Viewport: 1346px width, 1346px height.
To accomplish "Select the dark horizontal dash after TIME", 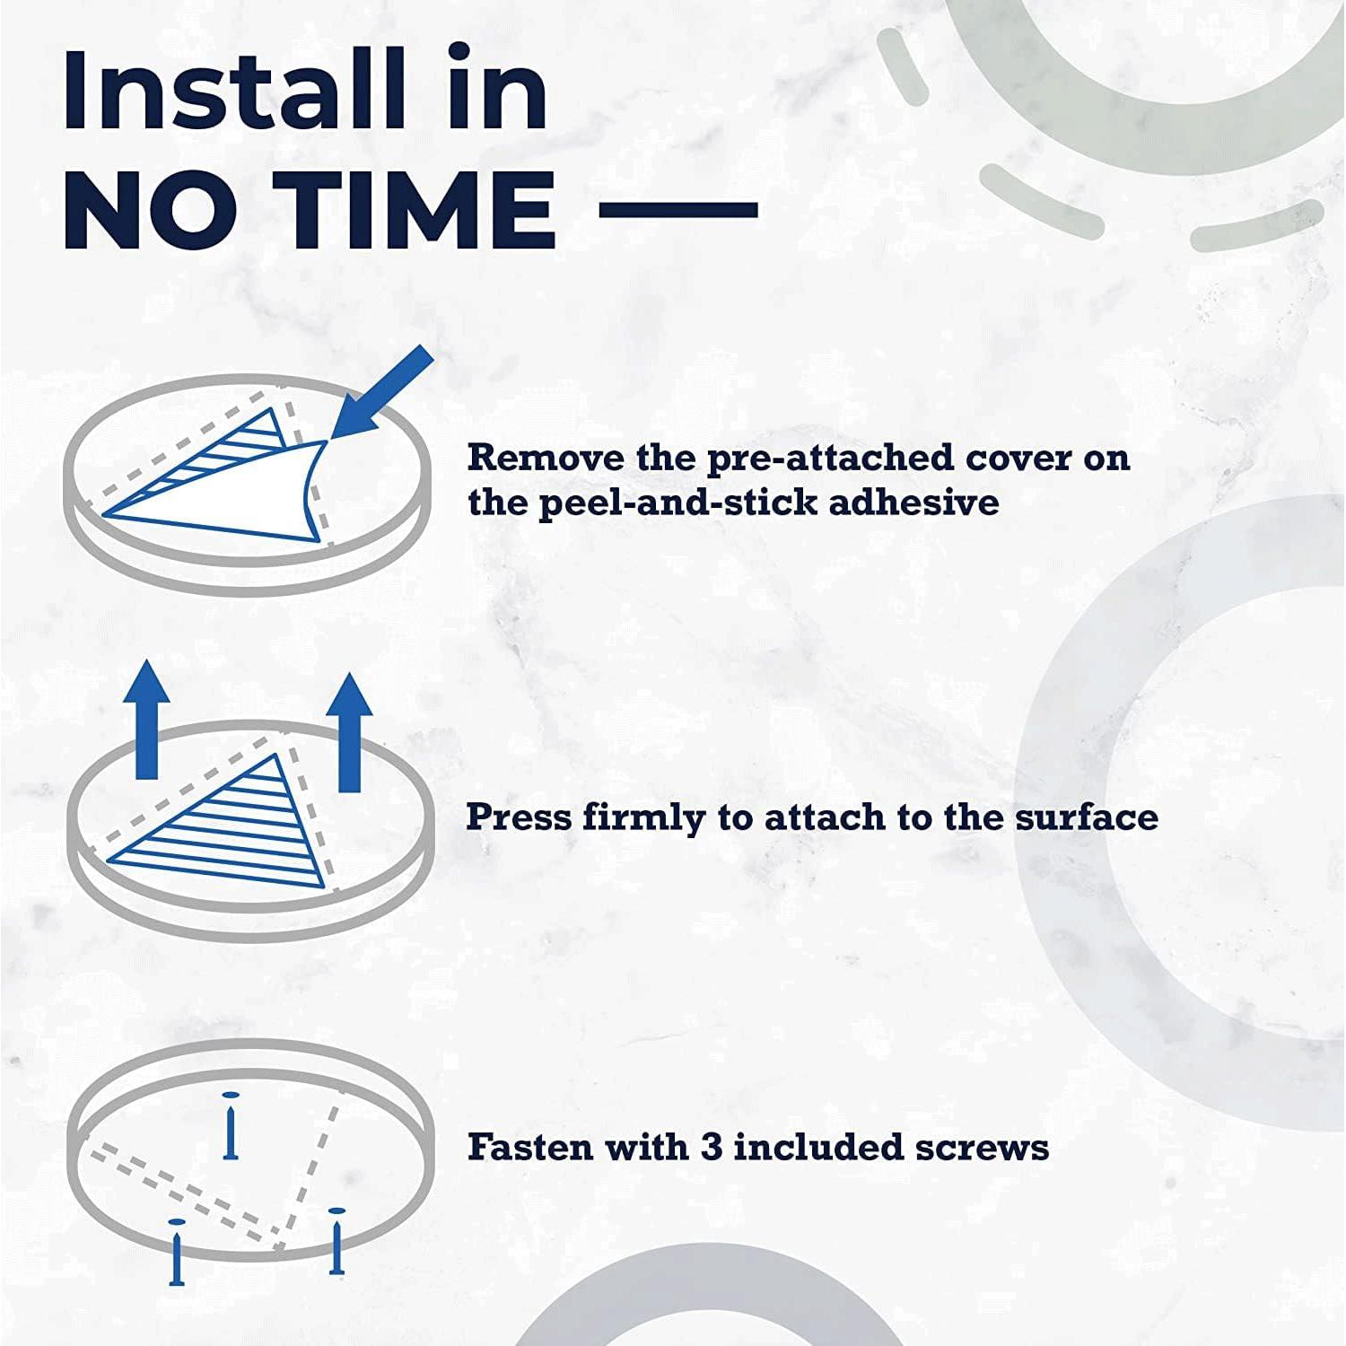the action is [x=678, y=209].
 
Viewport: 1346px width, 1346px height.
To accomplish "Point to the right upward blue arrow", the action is [x=349, y=732].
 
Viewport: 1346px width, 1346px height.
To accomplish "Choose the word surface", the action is [x=1087, y=817].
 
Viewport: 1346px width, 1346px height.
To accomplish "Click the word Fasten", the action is [x=530, y=1147].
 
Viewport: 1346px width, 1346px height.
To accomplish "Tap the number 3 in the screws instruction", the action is [x=712, y=1148].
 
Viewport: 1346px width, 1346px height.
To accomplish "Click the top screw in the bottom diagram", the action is [x=232, y=1125].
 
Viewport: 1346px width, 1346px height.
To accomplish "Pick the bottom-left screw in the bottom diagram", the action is [x=177, y=1252].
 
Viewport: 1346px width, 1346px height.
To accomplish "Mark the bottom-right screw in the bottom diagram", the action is [x=336, y=1241].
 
